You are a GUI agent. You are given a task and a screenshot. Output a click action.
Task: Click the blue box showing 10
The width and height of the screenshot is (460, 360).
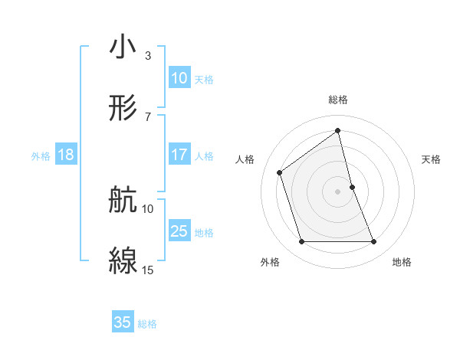click(x=179, y=78)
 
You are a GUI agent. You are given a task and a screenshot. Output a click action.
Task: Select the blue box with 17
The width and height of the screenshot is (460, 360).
click(x=179, y=155)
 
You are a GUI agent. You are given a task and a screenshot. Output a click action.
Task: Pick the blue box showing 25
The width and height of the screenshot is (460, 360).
click(x=179, y=231)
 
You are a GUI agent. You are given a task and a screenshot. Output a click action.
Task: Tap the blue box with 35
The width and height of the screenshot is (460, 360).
click(x=123, y=322)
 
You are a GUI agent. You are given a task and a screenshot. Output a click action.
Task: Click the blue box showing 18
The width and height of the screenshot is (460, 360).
click(x=66, y=155)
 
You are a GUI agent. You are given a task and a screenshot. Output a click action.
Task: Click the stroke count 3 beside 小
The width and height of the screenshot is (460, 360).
click(x=147, y=56)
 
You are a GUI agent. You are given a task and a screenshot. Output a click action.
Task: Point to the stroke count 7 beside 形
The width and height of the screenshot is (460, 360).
click(x=147, y=116)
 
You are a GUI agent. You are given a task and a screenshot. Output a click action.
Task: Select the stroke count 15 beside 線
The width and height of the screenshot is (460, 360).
click(x=148, y=270)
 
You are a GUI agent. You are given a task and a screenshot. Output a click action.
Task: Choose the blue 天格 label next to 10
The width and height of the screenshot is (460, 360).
click(x=203, y=79)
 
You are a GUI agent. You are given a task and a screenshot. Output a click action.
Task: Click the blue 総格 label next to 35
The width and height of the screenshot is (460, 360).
click(x=147, y=324)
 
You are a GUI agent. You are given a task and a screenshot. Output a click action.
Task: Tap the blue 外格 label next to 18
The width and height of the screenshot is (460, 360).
click(x=41, y=155)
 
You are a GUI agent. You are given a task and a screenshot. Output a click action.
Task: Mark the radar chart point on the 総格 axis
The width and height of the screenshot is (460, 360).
click(x=338, y=130)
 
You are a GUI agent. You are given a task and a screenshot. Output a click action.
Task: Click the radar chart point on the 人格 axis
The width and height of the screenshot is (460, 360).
click(x=280, y=172)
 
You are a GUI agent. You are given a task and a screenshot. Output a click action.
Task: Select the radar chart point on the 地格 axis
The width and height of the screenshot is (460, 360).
click(x=374, y=242)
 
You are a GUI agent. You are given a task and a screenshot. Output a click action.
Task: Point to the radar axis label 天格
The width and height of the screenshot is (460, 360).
click(x=432, y=159)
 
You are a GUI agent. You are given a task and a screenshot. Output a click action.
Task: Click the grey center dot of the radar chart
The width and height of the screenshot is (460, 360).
click(x=338, y=191)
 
